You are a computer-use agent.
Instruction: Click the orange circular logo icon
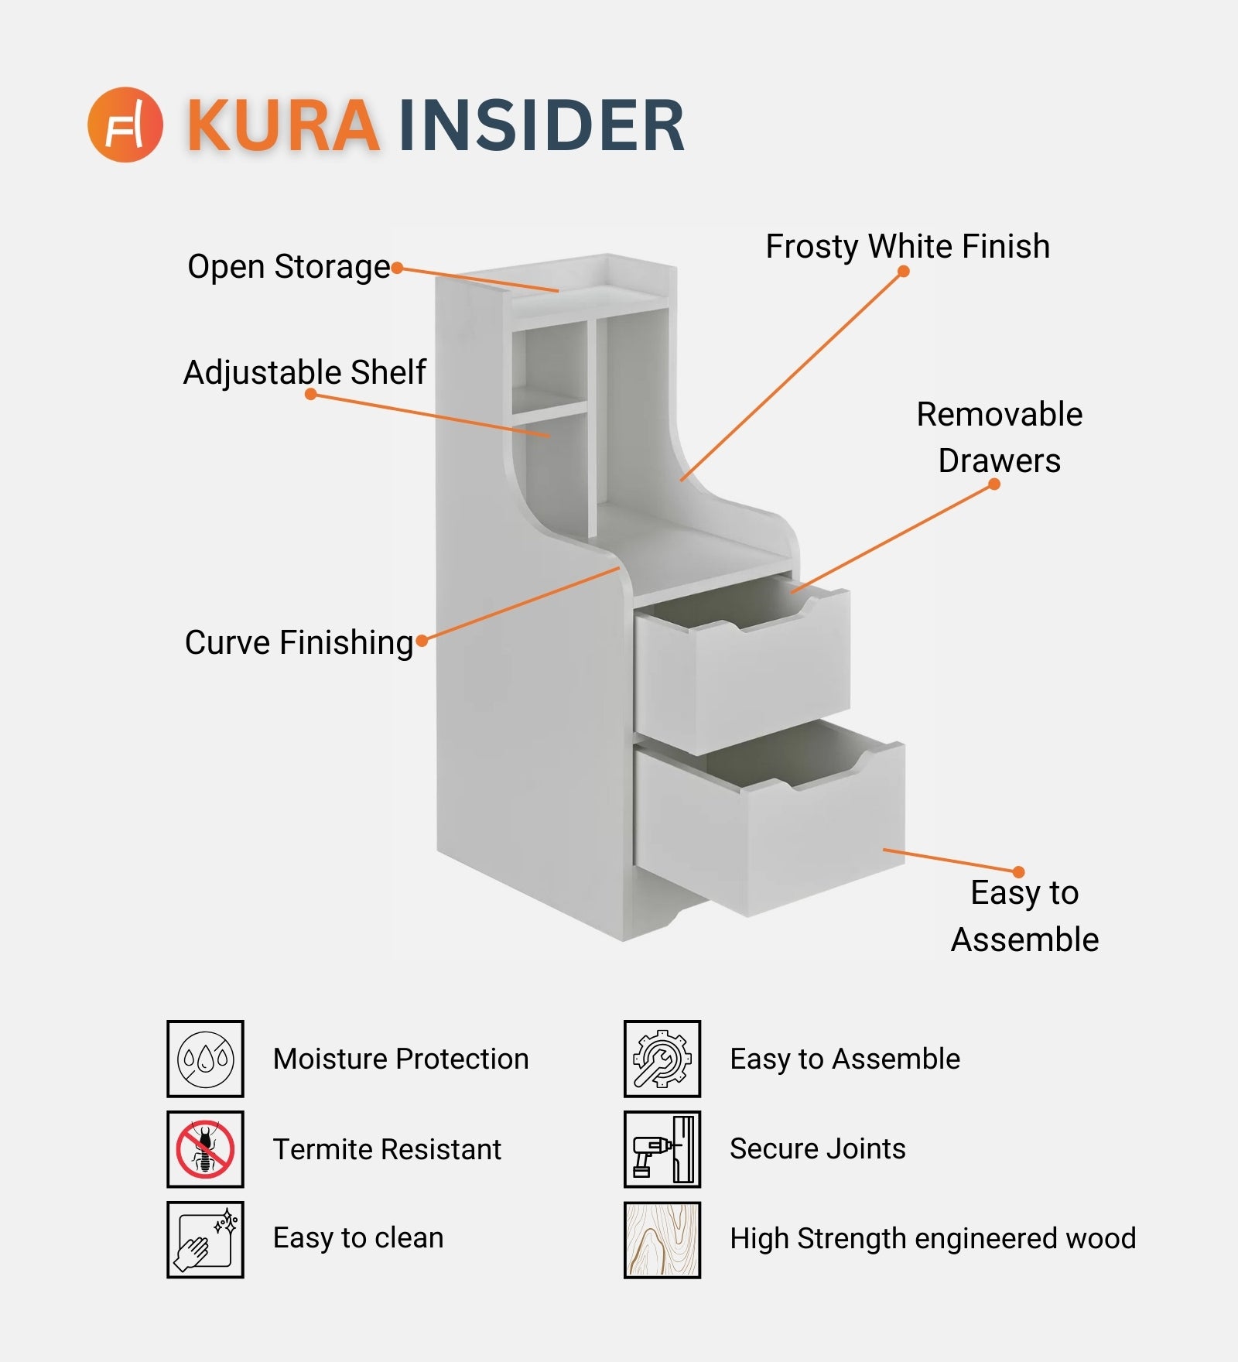pos(125,125)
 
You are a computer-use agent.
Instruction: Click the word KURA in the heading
pos(283,125)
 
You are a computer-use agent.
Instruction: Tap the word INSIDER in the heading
pos(542,125)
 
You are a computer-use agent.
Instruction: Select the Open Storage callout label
pos(289,267)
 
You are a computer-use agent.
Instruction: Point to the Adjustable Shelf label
pos(305,372)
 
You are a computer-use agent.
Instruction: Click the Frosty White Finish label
pos(908,247)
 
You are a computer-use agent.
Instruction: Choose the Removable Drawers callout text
pos(999,437)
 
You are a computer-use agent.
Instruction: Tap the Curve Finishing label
pos(299,642)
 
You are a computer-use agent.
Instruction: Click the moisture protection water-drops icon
pos(205,1059)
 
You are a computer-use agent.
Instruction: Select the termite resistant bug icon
pos(205,1149)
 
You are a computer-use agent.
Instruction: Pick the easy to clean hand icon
pos(205,1239)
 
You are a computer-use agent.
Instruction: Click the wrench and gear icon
pos(662,1059)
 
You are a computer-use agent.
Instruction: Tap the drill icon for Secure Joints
pos(662,1149)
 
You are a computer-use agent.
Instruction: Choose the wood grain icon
pos(662,1239)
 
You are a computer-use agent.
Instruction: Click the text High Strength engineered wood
pos(933,1239)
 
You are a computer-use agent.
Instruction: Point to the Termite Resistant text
pos(387,1149)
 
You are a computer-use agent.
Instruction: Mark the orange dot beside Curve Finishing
pos(422,641)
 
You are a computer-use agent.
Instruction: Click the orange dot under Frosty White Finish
pos(903,272)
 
